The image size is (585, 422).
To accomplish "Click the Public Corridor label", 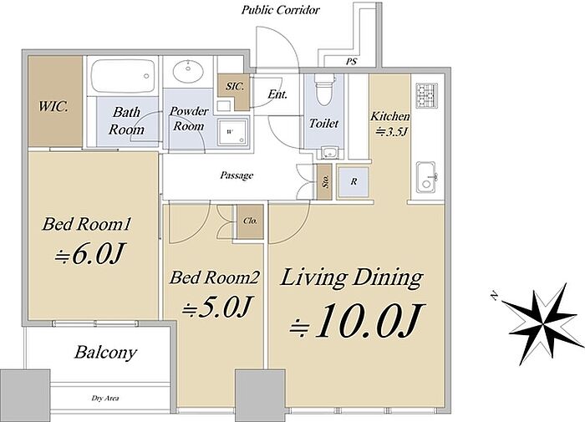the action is coord(280,10).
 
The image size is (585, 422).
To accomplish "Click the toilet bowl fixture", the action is coord(323,89).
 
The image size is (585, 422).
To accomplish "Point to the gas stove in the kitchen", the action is coord(427,95).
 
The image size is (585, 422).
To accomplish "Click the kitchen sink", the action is coord(426,177).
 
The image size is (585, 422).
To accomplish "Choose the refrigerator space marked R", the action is coord(354,181).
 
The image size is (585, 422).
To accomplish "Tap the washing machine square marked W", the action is coord(232,132).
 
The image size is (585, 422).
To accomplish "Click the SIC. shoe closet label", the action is coord(235,86).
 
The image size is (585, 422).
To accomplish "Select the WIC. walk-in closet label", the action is coord(53,107).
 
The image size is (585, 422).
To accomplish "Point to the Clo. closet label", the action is coord(250,221).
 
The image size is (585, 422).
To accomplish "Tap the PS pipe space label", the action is coord(350,62).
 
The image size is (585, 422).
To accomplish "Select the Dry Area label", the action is coord(105,398).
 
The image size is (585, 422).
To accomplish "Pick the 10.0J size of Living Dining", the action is coord(358,321).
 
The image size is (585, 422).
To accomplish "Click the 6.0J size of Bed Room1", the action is coord(89,255).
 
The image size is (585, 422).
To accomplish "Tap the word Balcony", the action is coord(105,353).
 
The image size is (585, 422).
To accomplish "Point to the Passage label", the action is coord(237,175).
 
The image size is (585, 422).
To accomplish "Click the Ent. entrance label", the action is coord(277,94).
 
